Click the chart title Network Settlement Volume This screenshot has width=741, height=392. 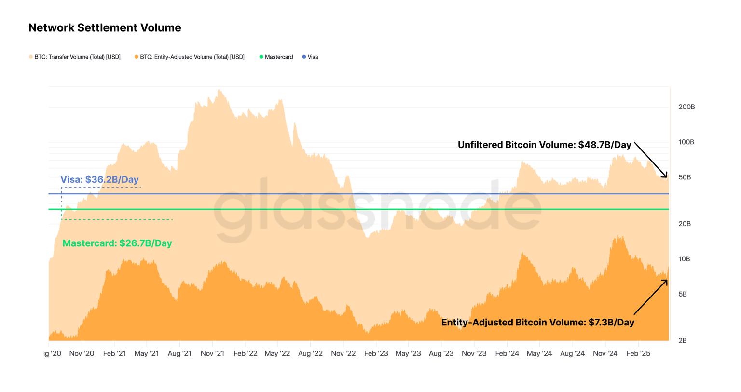105,28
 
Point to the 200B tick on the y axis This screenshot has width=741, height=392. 686,107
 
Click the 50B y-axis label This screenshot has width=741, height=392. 685,177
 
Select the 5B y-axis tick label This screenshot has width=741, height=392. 683,294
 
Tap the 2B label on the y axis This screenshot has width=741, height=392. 683,340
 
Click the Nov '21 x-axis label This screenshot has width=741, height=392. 212,353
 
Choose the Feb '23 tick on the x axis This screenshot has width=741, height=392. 376,353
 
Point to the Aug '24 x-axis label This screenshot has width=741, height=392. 572,353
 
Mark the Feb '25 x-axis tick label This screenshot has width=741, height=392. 638,353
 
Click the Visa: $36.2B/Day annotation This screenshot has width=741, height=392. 99,180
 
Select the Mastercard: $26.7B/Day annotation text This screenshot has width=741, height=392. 117,243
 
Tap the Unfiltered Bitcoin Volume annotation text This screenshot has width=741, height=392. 544,145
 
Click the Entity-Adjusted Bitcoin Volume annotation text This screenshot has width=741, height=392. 537,323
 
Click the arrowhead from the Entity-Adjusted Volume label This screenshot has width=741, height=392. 666,281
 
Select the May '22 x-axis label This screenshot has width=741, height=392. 277,353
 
